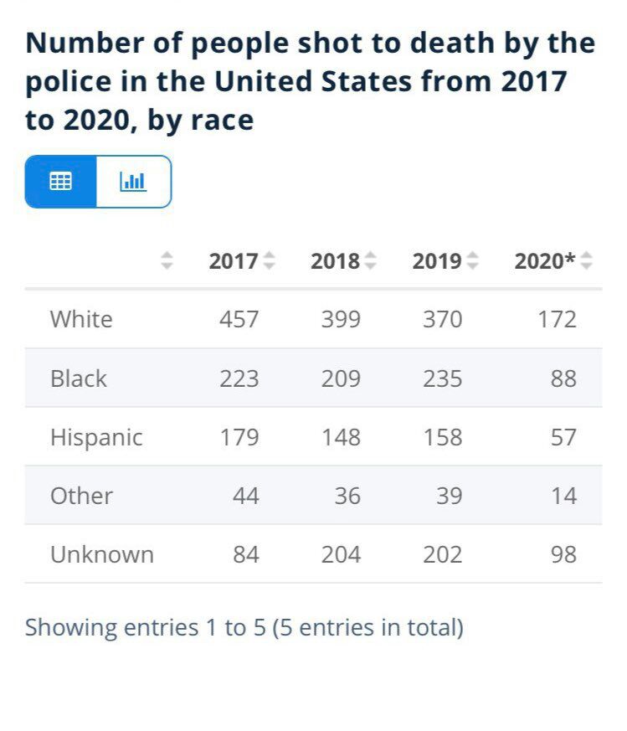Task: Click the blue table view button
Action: coord(61,181)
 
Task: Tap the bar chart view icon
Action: coord(133,181)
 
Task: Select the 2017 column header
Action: coord(234,261)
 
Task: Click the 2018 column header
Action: coord(335,261)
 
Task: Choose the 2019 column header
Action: coord(437,261)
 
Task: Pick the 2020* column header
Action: coord(544,261)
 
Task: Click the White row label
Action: coord(81,319)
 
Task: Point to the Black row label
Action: coord(79,378)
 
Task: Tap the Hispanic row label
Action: coord(96,437)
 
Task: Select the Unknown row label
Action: coord(102,554)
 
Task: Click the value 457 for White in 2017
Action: coord(239,319)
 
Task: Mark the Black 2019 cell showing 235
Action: coord(443,378)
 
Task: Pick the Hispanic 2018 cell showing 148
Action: coord(341,437)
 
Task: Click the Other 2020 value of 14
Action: coord(563,496)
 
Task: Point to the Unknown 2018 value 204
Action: coord(341,554)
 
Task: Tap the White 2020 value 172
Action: coord(557,319)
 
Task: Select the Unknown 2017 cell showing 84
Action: coord(246,554)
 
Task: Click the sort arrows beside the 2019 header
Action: coord(473,261)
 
